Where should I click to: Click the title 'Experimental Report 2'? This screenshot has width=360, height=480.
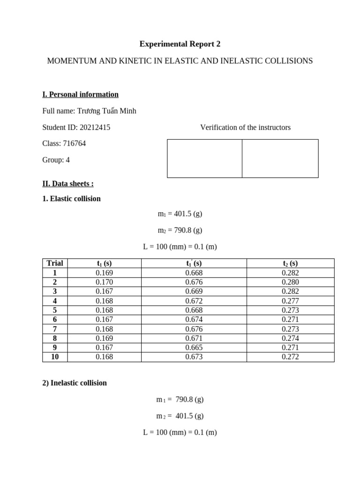click(180, 44)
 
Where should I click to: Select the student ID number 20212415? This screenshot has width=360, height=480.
click(95, 127)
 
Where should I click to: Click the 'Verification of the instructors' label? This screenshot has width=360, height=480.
click(245, 127)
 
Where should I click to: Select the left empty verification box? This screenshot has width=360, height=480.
click(204, 158)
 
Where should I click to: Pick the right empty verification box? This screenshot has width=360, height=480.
click(280, 158)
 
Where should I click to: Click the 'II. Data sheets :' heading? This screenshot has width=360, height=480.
click(68, 183)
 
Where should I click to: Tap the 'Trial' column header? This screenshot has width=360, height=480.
click(55, 263)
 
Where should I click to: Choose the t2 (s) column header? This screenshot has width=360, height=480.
click(290, 263)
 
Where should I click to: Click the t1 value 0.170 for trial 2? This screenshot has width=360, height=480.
click(104, 282)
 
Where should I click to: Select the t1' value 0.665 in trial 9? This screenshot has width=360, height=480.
click(194, 347)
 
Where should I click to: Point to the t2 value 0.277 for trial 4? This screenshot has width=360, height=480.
click(290, 300)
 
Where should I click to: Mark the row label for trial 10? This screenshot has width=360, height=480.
click(55, 357)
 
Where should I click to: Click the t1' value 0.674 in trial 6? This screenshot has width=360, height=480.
click(194, 319)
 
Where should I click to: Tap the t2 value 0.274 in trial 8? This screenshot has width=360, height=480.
click(290, 338)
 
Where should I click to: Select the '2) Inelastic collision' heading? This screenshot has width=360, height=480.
click(75, 383)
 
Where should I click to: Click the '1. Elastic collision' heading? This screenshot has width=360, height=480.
click(71, 198)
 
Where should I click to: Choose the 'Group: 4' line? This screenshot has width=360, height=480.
click(56, 160)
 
